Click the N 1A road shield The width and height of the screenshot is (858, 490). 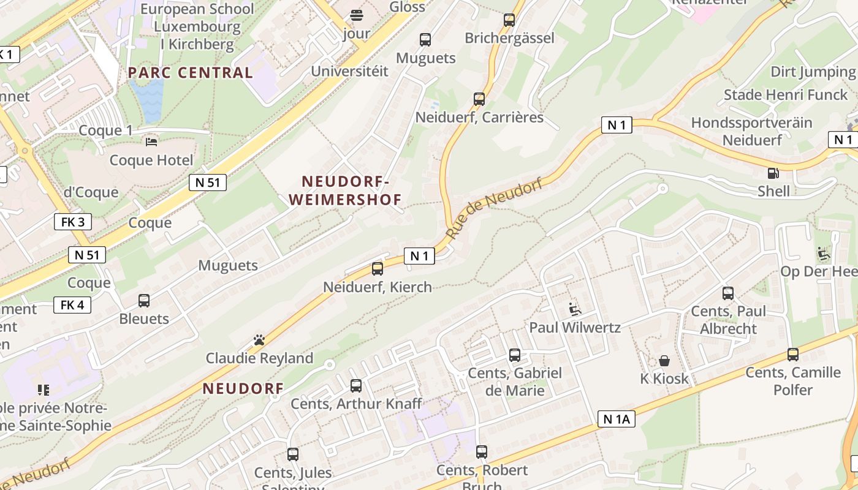[x=616, y=419]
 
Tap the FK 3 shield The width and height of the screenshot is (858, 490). [x=73, y=222]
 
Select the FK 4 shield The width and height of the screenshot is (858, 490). [x=72, y=304]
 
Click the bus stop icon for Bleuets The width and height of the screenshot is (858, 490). [x=144, y=301]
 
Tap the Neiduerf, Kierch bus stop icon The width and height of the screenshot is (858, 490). [x=378, y=268]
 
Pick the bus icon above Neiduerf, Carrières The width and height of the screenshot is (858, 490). [x=479, y=99]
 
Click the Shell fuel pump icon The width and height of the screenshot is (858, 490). [x=773, y=173]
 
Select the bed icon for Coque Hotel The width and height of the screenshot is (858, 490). [x=151, y=142]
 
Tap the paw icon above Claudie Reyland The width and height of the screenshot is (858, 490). [x=259, y=340]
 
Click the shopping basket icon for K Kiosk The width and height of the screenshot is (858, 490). [x=664, y=361]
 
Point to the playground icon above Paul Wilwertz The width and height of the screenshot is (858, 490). [x=574, y=309]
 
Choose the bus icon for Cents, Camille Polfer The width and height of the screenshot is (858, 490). [x=793, y=354]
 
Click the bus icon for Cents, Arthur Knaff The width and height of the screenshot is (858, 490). [x=356, y=386]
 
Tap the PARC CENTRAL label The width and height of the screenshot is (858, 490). [x=190, y=72]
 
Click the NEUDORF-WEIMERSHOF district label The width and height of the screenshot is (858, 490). [x=345, y=190]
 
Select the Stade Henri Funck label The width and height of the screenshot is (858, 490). [x=786, y=95]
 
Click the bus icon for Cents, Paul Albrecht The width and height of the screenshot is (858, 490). [x=728, y=293]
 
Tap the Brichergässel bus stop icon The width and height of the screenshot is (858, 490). [x=509, y=20]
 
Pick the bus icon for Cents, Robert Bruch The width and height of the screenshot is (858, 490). [x=482, y=452]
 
